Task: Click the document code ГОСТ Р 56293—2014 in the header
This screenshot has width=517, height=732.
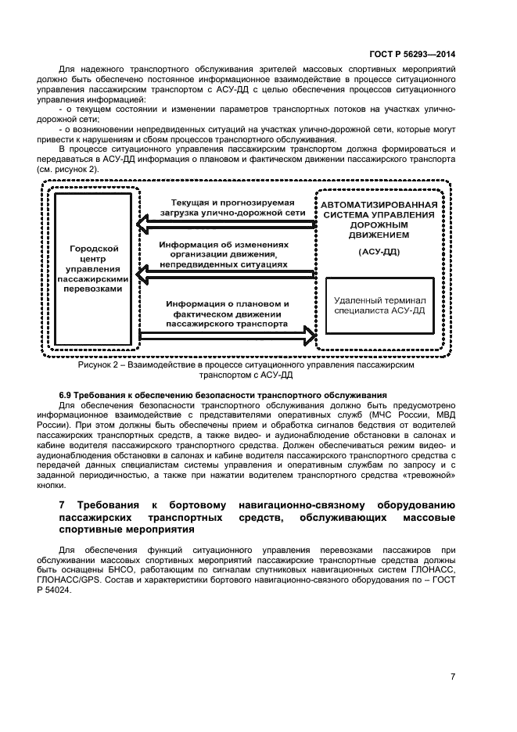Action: pos(415,54)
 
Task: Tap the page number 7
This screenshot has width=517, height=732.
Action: pos(453,677)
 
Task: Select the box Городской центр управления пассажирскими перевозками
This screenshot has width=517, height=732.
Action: pos(93,267)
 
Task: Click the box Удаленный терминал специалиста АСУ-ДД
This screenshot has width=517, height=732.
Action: pos(379,305)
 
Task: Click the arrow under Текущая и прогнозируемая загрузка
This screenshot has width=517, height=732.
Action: pos(227,225)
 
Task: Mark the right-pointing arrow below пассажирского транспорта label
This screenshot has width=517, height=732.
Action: pos(227,335)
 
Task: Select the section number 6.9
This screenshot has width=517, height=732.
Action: pos(66,395)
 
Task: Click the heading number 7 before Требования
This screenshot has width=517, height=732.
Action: pos(63,506)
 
